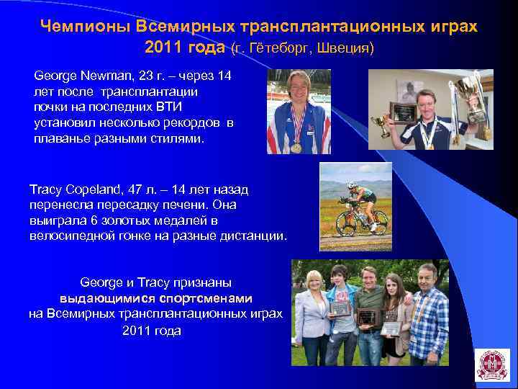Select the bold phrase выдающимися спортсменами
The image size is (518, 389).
155,298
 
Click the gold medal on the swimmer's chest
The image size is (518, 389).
296,148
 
